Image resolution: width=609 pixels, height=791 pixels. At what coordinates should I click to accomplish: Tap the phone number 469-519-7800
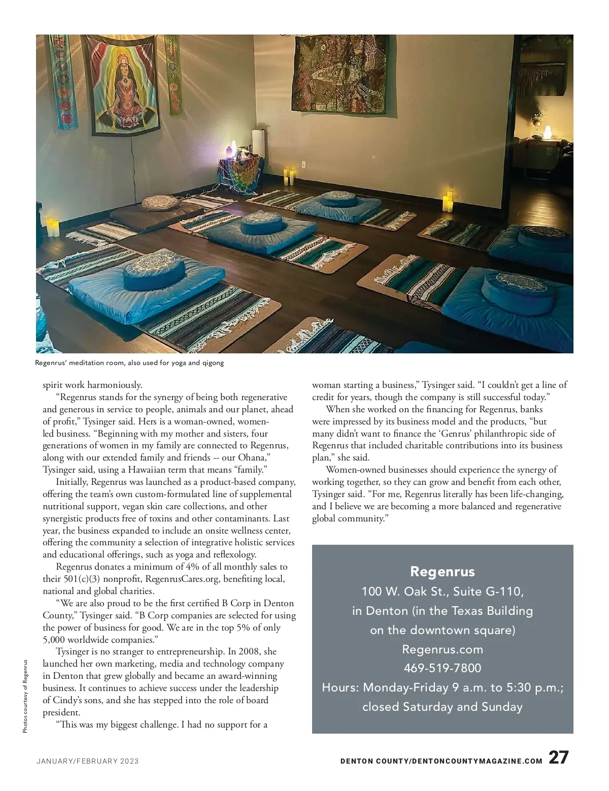click(x=442, y=668)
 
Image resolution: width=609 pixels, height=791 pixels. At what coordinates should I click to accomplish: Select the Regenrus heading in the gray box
click(x=442, y=572)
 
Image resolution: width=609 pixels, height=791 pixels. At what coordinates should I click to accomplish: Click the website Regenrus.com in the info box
click(x=442, y=649)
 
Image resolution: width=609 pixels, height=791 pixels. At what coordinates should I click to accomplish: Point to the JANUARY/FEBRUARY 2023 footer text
click(x=87, y=762)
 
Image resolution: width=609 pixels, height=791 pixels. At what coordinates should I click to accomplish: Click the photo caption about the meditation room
click(x=129, y=363)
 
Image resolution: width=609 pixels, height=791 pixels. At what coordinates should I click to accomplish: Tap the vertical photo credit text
click(x=25, y=695)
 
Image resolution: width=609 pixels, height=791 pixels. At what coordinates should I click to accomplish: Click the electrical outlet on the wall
click(x=304, y=164)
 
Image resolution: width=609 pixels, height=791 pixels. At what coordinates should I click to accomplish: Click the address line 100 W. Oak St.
click(x=442, y=591)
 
